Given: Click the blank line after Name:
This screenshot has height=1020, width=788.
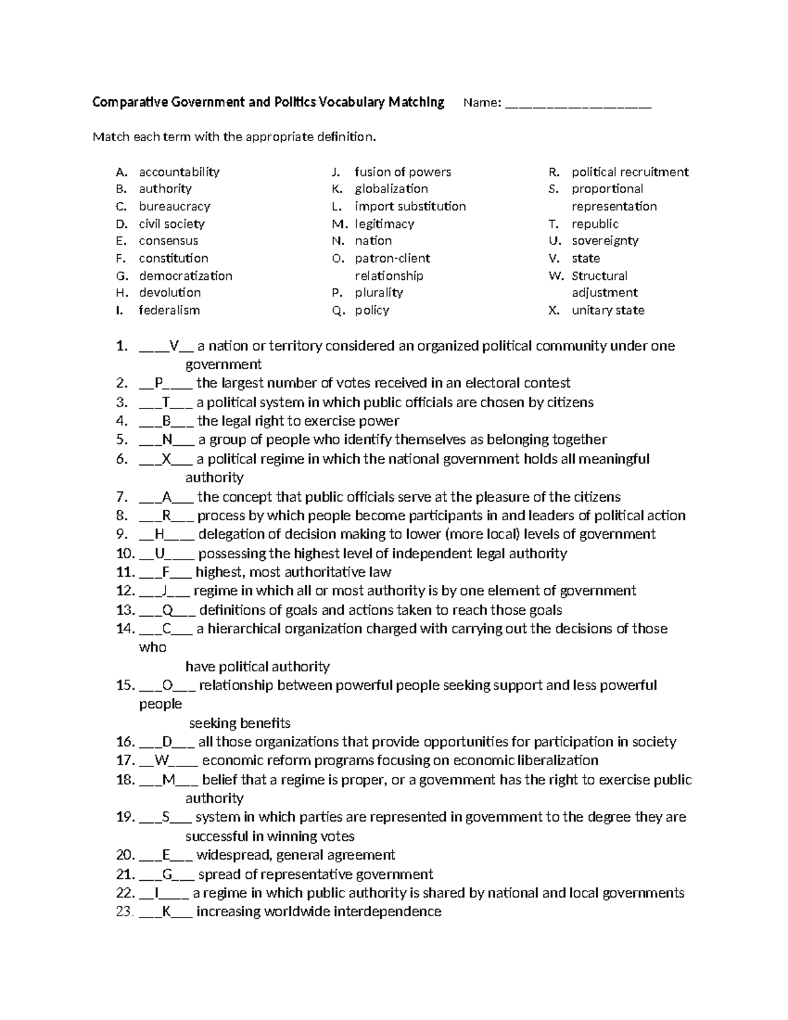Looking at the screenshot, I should coord(578,104).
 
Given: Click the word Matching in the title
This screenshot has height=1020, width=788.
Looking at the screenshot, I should coord(416,102).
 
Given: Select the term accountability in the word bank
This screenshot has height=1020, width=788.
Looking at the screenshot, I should coord(179,172).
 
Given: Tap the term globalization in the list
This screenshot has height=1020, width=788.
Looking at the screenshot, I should coord(391,189).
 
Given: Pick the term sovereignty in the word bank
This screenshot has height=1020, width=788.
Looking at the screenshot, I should coord(605,241).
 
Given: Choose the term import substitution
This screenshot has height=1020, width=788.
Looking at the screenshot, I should coord(410,206).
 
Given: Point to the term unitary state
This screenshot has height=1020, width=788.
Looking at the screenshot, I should coord(607,311).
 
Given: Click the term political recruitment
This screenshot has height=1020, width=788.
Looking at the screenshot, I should coord(630,172).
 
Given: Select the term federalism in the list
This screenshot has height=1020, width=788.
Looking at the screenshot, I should coord(169,311).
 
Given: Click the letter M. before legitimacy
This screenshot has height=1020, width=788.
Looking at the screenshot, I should coord(339,224).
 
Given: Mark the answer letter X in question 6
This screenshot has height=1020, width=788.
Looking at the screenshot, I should coord(165,459).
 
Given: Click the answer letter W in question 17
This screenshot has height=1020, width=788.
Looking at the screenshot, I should coord(162,761).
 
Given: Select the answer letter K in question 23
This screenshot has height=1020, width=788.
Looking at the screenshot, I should coord(165,912).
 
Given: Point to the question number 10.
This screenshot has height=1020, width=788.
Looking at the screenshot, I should coord(125,554).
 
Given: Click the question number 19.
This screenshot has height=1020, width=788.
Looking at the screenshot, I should coord(125,817).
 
